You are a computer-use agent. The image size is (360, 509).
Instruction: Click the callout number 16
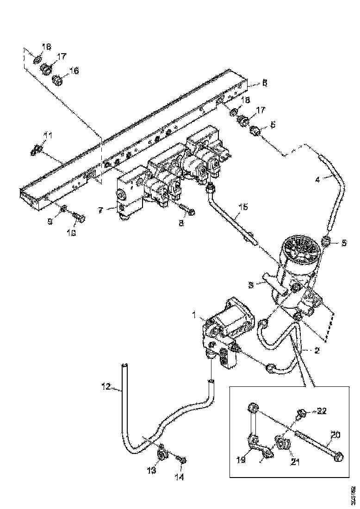coord(74,70)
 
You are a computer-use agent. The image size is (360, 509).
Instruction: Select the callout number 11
coord(48,135)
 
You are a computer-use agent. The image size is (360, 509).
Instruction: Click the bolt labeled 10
coord(78,217)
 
